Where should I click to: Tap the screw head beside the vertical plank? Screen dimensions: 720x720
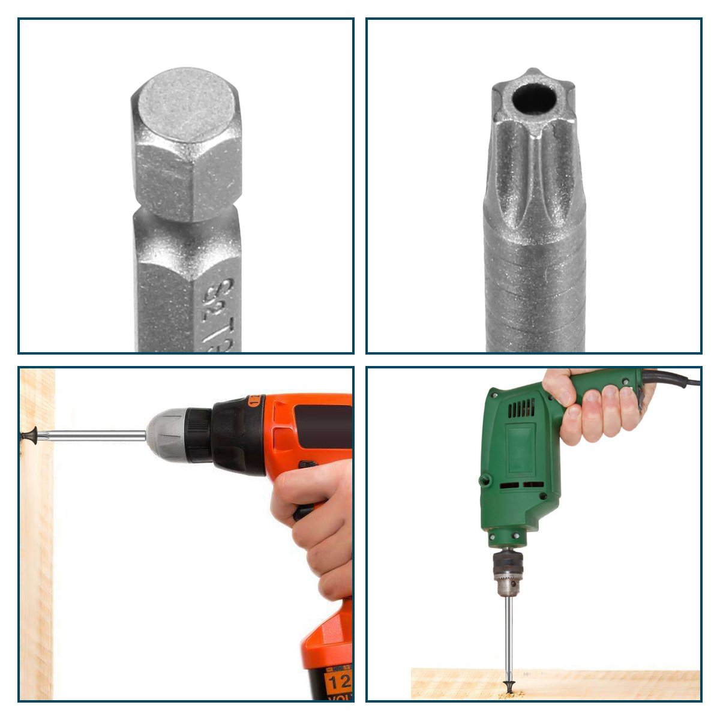tap(29, 433)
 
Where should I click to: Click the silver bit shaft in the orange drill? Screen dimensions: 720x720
tap(96, 435)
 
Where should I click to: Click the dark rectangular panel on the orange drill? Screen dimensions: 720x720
tap(324, 426)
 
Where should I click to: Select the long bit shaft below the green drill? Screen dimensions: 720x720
tap(509, 636)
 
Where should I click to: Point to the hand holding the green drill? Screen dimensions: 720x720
tap(594, 408)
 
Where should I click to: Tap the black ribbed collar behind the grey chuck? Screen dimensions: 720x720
tap(198, 435)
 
